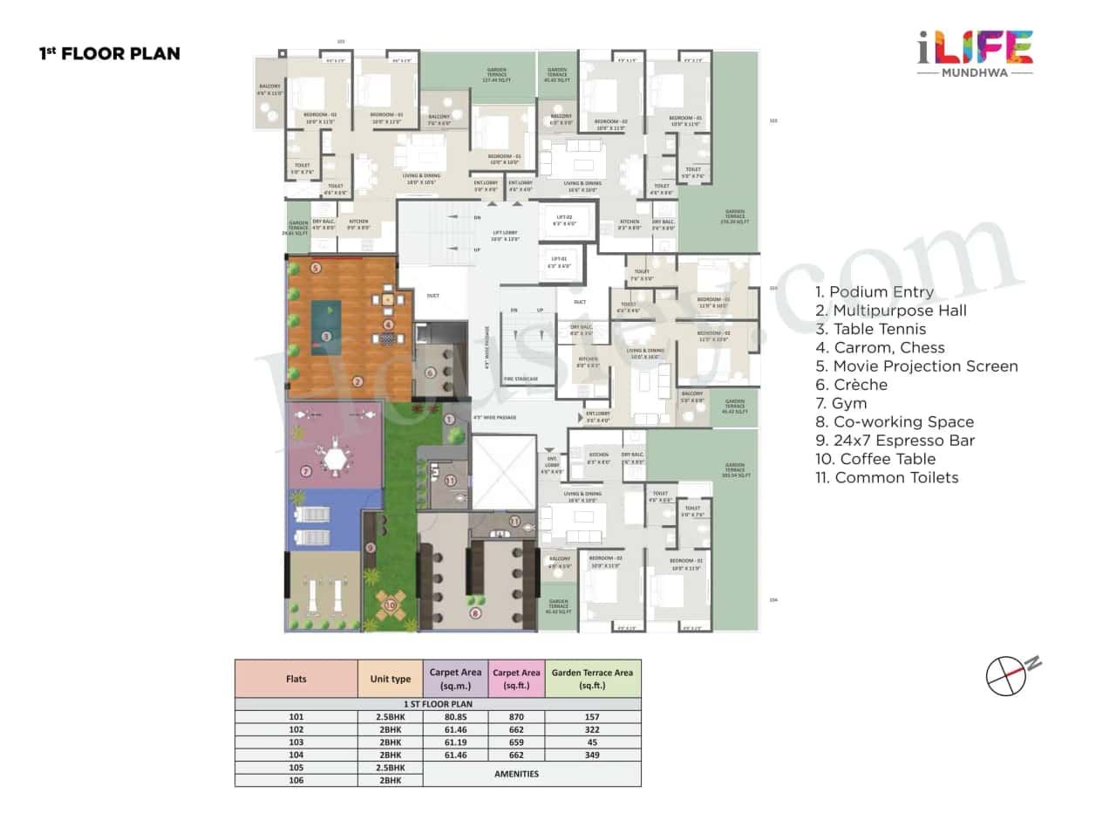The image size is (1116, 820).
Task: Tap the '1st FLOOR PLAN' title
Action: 110,54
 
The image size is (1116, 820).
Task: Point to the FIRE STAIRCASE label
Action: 521,379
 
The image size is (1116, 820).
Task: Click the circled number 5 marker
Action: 316,268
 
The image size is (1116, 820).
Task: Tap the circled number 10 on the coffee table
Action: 390,605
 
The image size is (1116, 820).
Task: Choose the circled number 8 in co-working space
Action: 475,613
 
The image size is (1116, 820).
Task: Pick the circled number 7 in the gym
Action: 306,472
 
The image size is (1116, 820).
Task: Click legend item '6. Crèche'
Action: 852,385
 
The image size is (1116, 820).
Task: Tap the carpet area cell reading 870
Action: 516,716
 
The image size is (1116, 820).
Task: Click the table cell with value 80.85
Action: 455,716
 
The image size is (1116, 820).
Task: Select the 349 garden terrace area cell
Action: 593,755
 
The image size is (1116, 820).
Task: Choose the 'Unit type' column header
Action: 390,678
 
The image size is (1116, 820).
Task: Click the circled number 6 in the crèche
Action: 430,372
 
